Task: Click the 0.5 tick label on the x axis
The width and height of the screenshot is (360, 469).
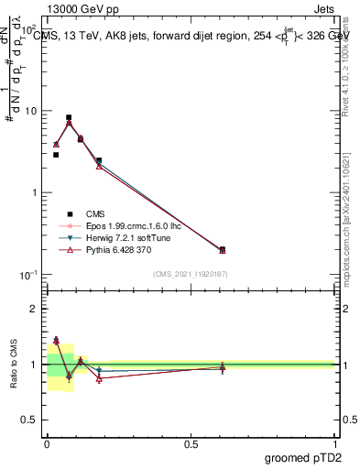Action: coord(191,443)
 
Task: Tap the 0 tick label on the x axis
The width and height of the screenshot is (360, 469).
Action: coord(47,443)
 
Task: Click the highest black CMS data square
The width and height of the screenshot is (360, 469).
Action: coord(69,117)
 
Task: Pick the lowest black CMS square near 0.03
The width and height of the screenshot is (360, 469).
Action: coord(56,155)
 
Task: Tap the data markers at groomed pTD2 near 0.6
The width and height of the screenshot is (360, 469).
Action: coord(223,249)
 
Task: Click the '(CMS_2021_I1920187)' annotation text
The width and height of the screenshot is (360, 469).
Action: coord(191,274)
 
